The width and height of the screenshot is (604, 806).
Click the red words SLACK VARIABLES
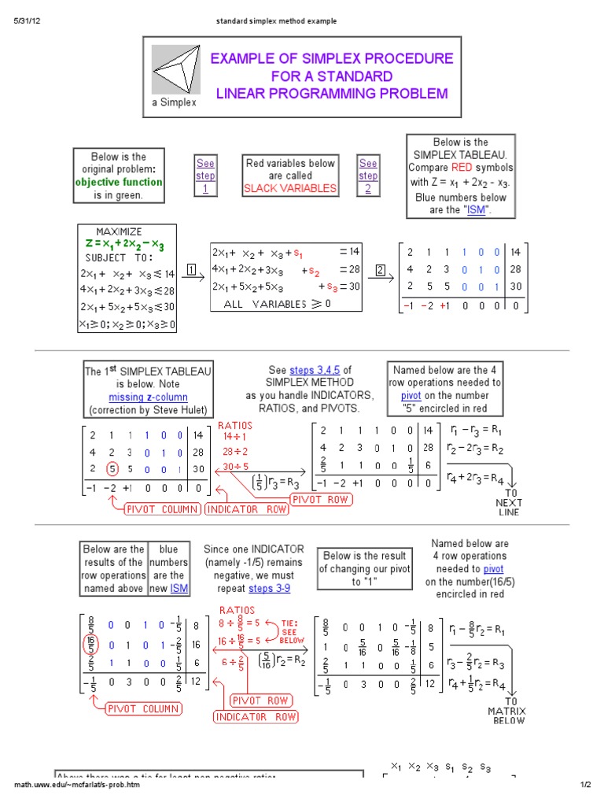[x=290, y=188]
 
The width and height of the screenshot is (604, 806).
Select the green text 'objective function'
[x=119, y=182]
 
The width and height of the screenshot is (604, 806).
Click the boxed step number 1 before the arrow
[x=191, y=272]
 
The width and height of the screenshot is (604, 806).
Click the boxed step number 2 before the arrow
[x=381, y=272]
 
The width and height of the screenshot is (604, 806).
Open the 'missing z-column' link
[x=148, y=397]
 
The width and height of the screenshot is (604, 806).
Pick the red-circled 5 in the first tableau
[x=112, y=469]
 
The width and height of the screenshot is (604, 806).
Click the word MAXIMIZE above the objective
[x=119, y=231]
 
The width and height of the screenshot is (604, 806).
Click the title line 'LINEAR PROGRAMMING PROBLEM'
[x=331, y=94]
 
